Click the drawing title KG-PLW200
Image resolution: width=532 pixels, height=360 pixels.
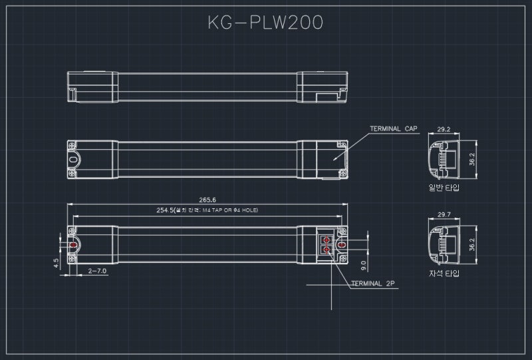265,23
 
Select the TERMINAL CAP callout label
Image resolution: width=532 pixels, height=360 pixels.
393,129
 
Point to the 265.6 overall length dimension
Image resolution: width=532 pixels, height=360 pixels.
207,200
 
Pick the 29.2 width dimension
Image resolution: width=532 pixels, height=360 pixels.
444,130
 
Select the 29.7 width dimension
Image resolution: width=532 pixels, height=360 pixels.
444,214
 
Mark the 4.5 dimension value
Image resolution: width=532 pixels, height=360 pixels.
57,263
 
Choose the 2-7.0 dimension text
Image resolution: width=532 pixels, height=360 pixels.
97,271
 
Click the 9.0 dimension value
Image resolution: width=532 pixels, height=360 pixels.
363,265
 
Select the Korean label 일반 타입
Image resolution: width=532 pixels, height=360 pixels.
444,188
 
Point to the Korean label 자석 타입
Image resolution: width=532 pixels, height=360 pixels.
444,273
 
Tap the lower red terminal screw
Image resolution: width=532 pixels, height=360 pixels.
327,251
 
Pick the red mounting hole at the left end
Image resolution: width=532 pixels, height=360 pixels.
73,245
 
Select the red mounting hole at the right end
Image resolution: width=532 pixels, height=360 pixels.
342,245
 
